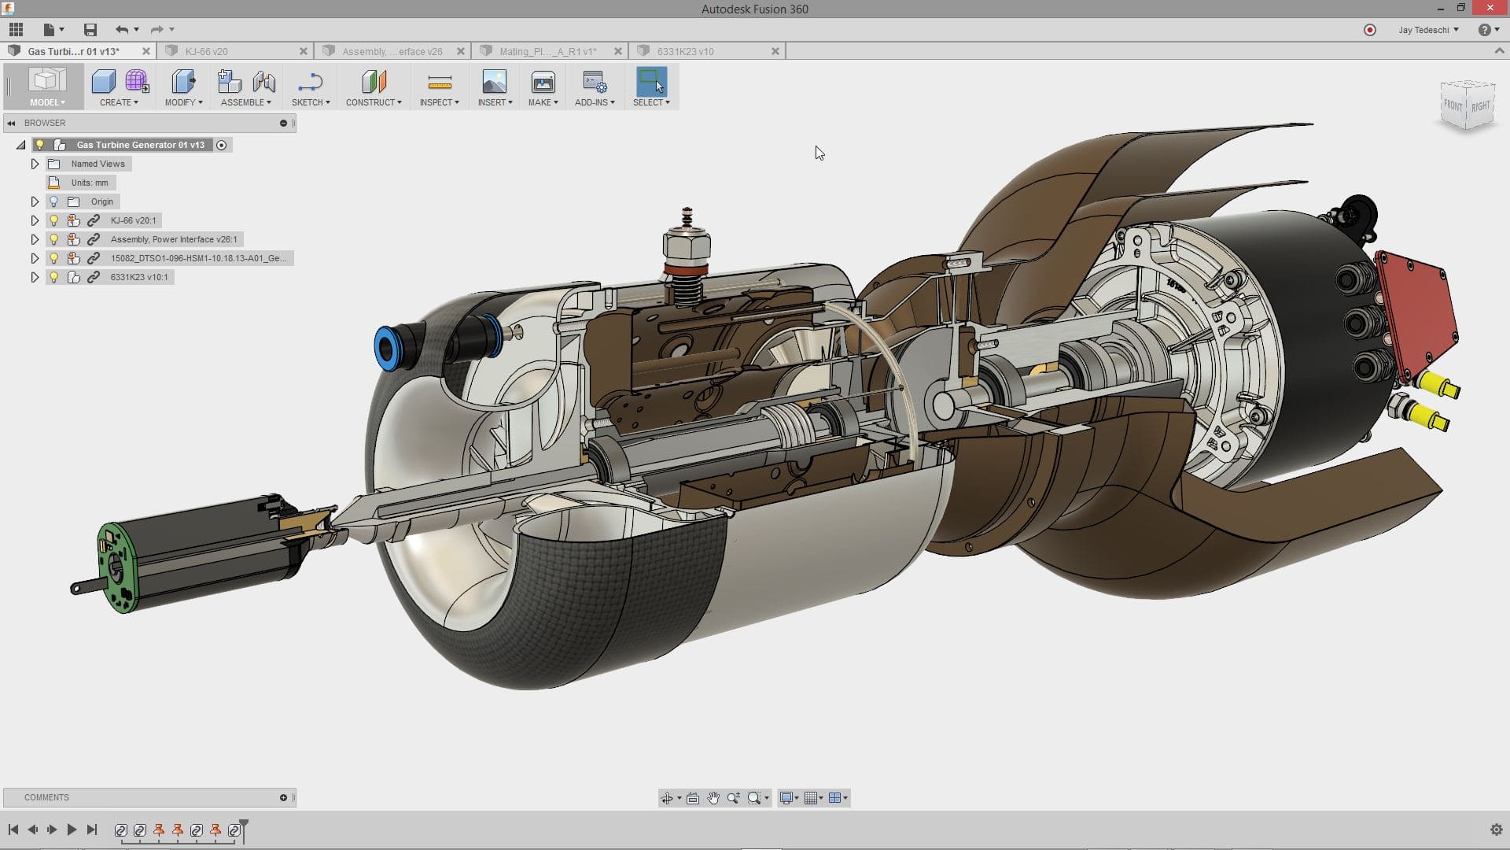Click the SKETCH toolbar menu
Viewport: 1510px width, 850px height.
pyautogui.click(x=310, y=88)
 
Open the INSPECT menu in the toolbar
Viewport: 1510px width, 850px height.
pyautogui.click(x=439, y=88)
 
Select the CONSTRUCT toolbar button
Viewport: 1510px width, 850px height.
pyautogui.click(x=374, y=88)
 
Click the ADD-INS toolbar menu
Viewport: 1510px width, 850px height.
pyautogui.click(x=594, y=88)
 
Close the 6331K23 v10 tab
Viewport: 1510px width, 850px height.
pyautogui.click(x=775, y=51)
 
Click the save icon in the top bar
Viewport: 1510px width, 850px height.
pyautogui.click(x=90, y=30)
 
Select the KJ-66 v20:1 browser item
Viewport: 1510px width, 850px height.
pyautogui.click(x=133, y=220)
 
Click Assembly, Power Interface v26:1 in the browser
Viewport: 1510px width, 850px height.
pyautogui.click(x=173, y=239)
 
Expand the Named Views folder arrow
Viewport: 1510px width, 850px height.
pyautogui.click(x=35, y=164)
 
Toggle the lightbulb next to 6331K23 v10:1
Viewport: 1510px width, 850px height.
pyautogui.click(x=53, y=277)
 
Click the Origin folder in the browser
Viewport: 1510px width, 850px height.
pyautogui.click(x=101, y=201)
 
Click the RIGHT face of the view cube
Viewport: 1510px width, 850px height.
pyautogui.click(x=1480, y=106)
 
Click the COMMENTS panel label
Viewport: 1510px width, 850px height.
pyautogui.click(x=46, y=797)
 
